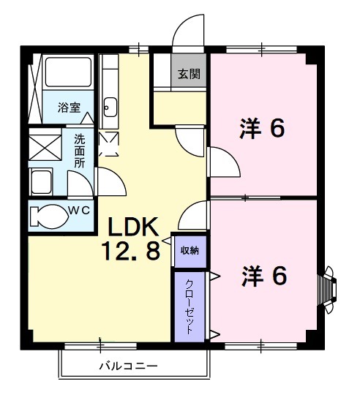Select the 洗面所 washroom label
point(80,149)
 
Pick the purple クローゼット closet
point(190,306)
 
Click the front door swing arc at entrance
point(185,32)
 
